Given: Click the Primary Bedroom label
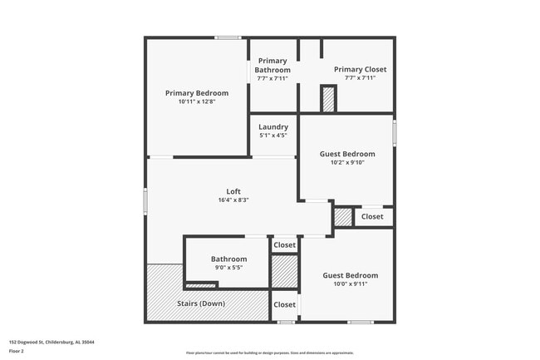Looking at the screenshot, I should [x=196, y=93].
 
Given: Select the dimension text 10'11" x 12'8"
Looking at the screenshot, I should [x=196, y=101].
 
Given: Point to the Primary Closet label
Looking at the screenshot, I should [x=360, y=69].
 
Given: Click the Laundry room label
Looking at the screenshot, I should [x=273, y=126].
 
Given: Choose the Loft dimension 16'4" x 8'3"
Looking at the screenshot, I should [x=233, y=200].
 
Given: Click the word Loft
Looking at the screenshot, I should [x=233, y=191].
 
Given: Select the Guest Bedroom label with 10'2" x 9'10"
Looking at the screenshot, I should [x=347, y=154].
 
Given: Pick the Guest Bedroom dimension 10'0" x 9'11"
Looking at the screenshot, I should [x=350, y=284].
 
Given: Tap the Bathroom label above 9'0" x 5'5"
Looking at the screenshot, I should [x=228, y=259].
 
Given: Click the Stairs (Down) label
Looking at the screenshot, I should [x=201, y=303].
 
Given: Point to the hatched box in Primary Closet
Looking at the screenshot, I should [x=328, y=99].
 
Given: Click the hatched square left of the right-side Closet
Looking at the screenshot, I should [x=342, y=216].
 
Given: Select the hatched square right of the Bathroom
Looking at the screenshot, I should [x=284, y=272].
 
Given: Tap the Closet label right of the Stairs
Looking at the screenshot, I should [x=284, y=304].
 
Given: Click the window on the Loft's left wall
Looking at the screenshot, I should [x=145, y=201].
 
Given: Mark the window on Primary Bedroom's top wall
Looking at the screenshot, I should [x=228, y=37].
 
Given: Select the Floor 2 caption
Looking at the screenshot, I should [x=17, y=351].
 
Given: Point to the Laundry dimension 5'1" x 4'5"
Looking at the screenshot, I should [x=273, y=136].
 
